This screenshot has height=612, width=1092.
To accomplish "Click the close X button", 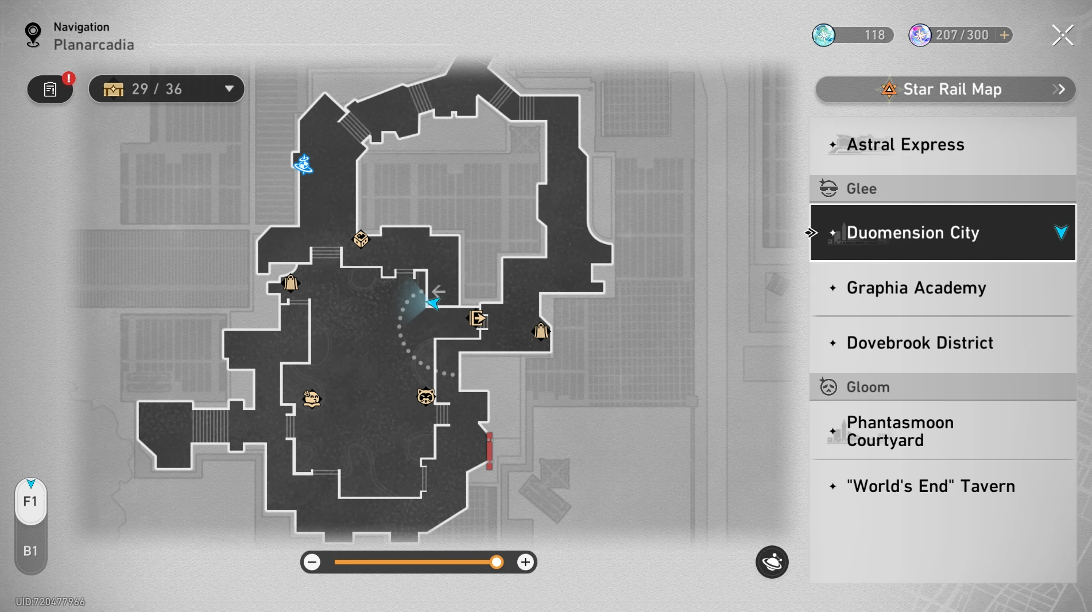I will click(1062, 35).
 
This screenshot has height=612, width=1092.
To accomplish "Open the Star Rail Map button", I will click(945, 89).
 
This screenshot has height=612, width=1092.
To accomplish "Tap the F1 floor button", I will click(30, 502).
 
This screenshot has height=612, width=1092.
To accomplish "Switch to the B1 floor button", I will click(30, 551).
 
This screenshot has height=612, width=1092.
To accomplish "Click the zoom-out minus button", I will click(312, 562).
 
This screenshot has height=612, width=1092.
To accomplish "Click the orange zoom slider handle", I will click(497, 562).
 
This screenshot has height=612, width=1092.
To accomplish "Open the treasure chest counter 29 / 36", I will click(166, 89).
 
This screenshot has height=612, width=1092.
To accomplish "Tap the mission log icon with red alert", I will click(51, 90).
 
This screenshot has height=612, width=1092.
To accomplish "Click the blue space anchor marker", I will click(303, 164).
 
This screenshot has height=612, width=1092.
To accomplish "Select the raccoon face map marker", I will click(425, 396).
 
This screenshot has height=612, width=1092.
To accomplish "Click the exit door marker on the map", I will click(477, 318).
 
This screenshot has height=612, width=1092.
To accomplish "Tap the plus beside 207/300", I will click(1004, 35).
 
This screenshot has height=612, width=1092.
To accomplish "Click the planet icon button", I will click(772, 562).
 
